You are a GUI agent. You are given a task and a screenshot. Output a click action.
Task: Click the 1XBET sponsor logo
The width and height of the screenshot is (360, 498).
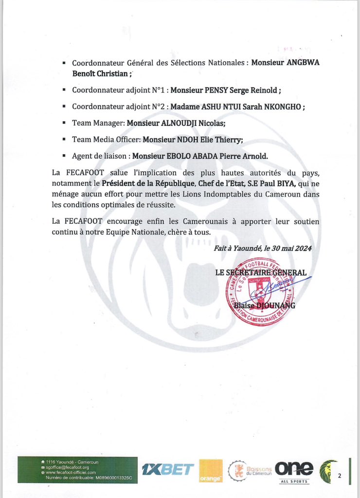(x=167, y=469)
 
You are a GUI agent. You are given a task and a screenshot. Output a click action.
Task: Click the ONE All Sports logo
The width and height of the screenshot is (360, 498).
(x=294, y=470)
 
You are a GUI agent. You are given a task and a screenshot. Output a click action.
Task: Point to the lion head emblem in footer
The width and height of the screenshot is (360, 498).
(x=328, y=470)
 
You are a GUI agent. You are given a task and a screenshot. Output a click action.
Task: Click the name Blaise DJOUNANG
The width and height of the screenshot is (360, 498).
(x=271, y=306)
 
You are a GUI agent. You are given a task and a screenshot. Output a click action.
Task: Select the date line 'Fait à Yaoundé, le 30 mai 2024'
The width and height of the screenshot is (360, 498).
(x=263, y=249)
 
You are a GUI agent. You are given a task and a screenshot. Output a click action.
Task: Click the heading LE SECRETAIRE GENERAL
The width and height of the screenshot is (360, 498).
(x=261, y=273)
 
